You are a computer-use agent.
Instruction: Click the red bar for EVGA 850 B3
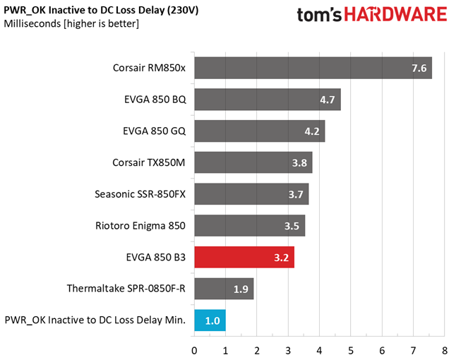(x=244, y=258)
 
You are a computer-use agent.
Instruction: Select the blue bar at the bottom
(x=210, y=320)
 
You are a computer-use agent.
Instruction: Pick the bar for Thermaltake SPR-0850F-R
(x=223, y=289)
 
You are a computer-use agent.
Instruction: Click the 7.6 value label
(x=419, y=68)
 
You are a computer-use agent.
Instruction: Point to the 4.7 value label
(x=328, y=100)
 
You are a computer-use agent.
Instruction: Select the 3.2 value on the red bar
(x=281, y=258)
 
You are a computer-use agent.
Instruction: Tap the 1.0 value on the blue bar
(x=212, y=320)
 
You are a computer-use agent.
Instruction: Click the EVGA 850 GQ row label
(x=154, y=131)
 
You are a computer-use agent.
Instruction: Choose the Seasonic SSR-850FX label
(x=140, y=194)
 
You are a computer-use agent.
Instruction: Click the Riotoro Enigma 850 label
(x=140, y=226)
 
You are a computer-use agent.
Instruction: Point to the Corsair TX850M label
(x=148, y=162)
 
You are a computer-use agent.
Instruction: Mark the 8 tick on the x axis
(x=444, y=350)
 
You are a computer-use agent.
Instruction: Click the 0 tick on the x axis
(x=194, y=350)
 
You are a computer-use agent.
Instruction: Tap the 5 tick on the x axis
(x=351, y=350)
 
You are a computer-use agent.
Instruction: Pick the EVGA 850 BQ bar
(x=267, y=100)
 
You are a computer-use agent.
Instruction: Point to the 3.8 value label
(x=299, y=163)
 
